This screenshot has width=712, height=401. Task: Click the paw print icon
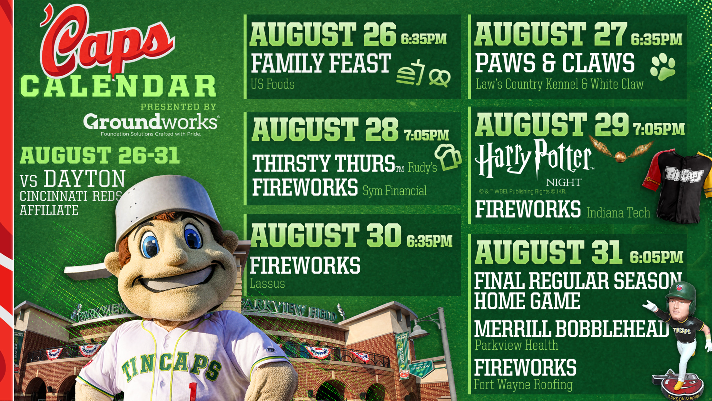(x=663, y=67)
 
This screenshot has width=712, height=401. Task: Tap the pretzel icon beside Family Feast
(x=439, y=78)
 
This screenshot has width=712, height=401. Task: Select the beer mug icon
(x=448, y=157)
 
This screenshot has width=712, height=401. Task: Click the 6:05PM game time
(x=657, y=257)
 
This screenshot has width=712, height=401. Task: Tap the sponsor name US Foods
(x=272, y=84)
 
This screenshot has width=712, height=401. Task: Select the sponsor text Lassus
(x=267, y=283)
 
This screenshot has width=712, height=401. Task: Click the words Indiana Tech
(x=618, y=213)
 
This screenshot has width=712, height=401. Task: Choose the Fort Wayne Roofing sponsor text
(x=523, y=384)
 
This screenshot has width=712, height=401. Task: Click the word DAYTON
(x=84, y=179)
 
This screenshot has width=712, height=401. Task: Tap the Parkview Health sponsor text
(x=516, y=345)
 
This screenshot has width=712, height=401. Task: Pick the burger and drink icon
(x=410, y=73)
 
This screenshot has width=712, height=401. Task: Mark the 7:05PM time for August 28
(x=426, y=135)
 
